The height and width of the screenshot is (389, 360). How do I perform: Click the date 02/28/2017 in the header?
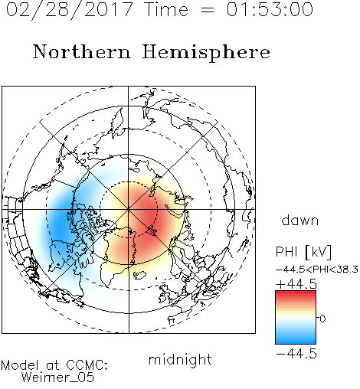[x=70, y=10]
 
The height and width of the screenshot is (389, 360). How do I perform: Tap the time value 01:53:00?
[x=270, y=9]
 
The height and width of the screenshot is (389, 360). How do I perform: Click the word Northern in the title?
[x=82, y=51]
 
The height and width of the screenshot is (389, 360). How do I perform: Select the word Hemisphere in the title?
[x=206, y=52]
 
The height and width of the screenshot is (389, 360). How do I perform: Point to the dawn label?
[x=300, y=220]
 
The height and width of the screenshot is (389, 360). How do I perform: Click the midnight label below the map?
[x=180, y=359]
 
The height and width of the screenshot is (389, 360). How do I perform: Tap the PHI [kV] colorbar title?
[x=303, y=252]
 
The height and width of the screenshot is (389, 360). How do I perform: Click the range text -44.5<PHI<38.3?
[x=317, y=270]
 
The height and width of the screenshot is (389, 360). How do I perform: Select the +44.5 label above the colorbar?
[x=296, y=284]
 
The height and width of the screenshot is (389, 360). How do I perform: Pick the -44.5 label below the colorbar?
[x=296, y=354]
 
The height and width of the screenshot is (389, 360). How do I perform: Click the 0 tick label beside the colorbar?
[x=322, y=319]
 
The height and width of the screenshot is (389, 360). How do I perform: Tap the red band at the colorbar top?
[x=296, y=295]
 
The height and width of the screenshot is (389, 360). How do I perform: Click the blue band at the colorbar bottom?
[x=296, y=340]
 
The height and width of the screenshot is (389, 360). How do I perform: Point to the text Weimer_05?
[x=58, y=377]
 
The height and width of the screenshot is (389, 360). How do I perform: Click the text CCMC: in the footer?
[x=87, y=365]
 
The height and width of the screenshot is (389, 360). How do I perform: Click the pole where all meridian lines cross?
[x=129, y=210]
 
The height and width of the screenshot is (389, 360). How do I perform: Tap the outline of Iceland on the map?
[x=139, y=275]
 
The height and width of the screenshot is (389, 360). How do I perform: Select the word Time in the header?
[x=166, y=9]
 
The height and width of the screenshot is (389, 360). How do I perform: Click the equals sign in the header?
[x=208, y=10]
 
